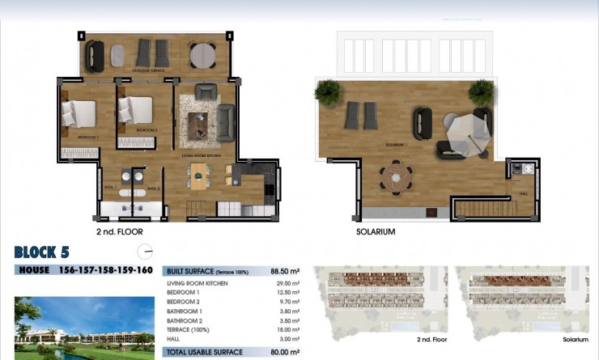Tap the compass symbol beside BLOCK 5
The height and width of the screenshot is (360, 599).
coord(145,251)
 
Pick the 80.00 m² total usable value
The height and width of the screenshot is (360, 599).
coord(284,352)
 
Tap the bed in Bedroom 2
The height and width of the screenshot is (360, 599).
coord(136,109)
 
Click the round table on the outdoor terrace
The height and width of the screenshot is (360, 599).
coord(202,55)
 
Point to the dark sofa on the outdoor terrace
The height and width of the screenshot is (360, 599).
coord(95,54)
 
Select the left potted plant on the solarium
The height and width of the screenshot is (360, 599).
coord(328,91)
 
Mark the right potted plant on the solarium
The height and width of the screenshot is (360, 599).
coord(481,91)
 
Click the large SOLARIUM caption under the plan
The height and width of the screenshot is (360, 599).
coord(376,231)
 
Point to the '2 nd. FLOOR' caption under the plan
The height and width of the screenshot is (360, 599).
coord(118,231)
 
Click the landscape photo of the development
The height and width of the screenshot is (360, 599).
coord(84,328)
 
